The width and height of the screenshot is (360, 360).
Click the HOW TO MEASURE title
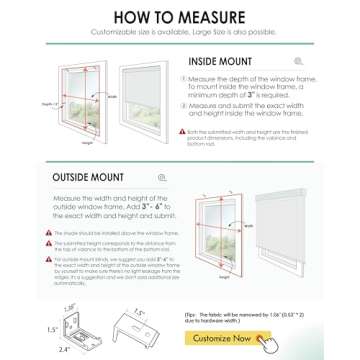pos(180,16)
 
